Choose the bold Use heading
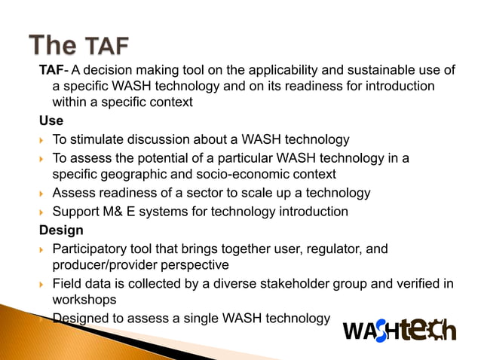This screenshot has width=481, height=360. click(x=51, y=121)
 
